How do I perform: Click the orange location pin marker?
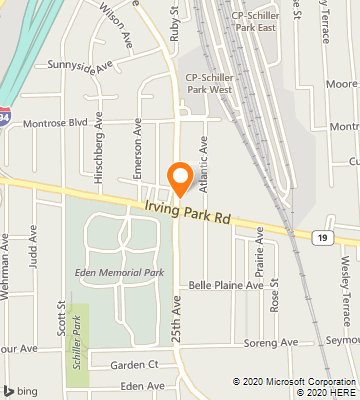tap(180, 177)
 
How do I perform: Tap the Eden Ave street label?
tap(141, 385)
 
